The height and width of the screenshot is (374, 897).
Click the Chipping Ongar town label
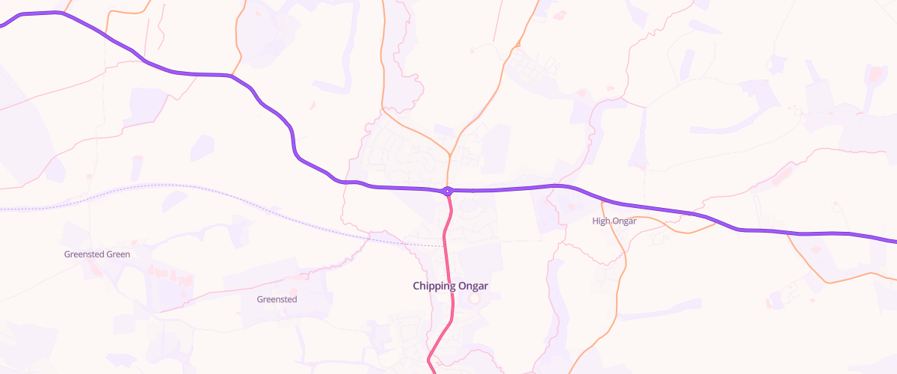455,286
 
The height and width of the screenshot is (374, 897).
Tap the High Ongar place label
614,221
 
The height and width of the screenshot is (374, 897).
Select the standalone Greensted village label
277,299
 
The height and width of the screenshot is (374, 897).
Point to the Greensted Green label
97,254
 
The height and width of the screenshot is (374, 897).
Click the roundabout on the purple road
448,191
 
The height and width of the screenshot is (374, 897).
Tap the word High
600,221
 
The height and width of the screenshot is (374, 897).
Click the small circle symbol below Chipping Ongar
473,298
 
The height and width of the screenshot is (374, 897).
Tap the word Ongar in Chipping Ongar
481,286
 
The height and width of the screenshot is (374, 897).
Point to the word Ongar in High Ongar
623,221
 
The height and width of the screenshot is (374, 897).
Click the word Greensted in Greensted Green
84,254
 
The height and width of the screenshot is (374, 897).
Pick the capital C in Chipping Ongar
416,286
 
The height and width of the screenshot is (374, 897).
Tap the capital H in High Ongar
595,221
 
